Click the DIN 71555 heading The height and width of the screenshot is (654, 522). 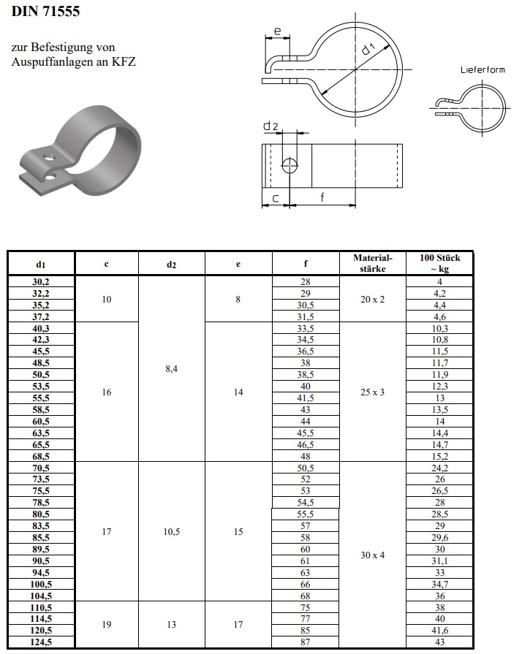point(45,12)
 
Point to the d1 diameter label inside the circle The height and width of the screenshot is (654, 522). point(369,50)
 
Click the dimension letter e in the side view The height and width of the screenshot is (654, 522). point(278,31)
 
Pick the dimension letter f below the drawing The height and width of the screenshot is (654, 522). point(322,197)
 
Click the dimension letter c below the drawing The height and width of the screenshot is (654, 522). point(275,197)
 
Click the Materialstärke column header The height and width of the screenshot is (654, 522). point(373,263)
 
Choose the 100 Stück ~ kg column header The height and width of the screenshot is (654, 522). point(440,263)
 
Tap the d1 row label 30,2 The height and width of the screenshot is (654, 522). point(41,281)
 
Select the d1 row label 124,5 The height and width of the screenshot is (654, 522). point(41,642)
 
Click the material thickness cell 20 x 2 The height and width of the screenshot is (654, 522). point(373,299)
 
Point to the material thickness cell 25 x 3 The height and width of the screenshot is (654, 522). point(373,392)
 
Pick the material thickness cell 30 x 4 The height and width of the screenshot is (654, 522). point(373,555)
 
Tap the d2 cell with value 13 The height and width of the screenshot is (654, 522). point(171,625)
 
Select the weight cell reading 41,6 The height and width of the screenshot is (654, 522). point(440,631)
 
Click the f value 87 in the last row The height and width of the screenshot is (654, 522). point(306,642)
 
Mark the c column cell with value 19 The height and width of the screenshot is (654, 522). point(107,625)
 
